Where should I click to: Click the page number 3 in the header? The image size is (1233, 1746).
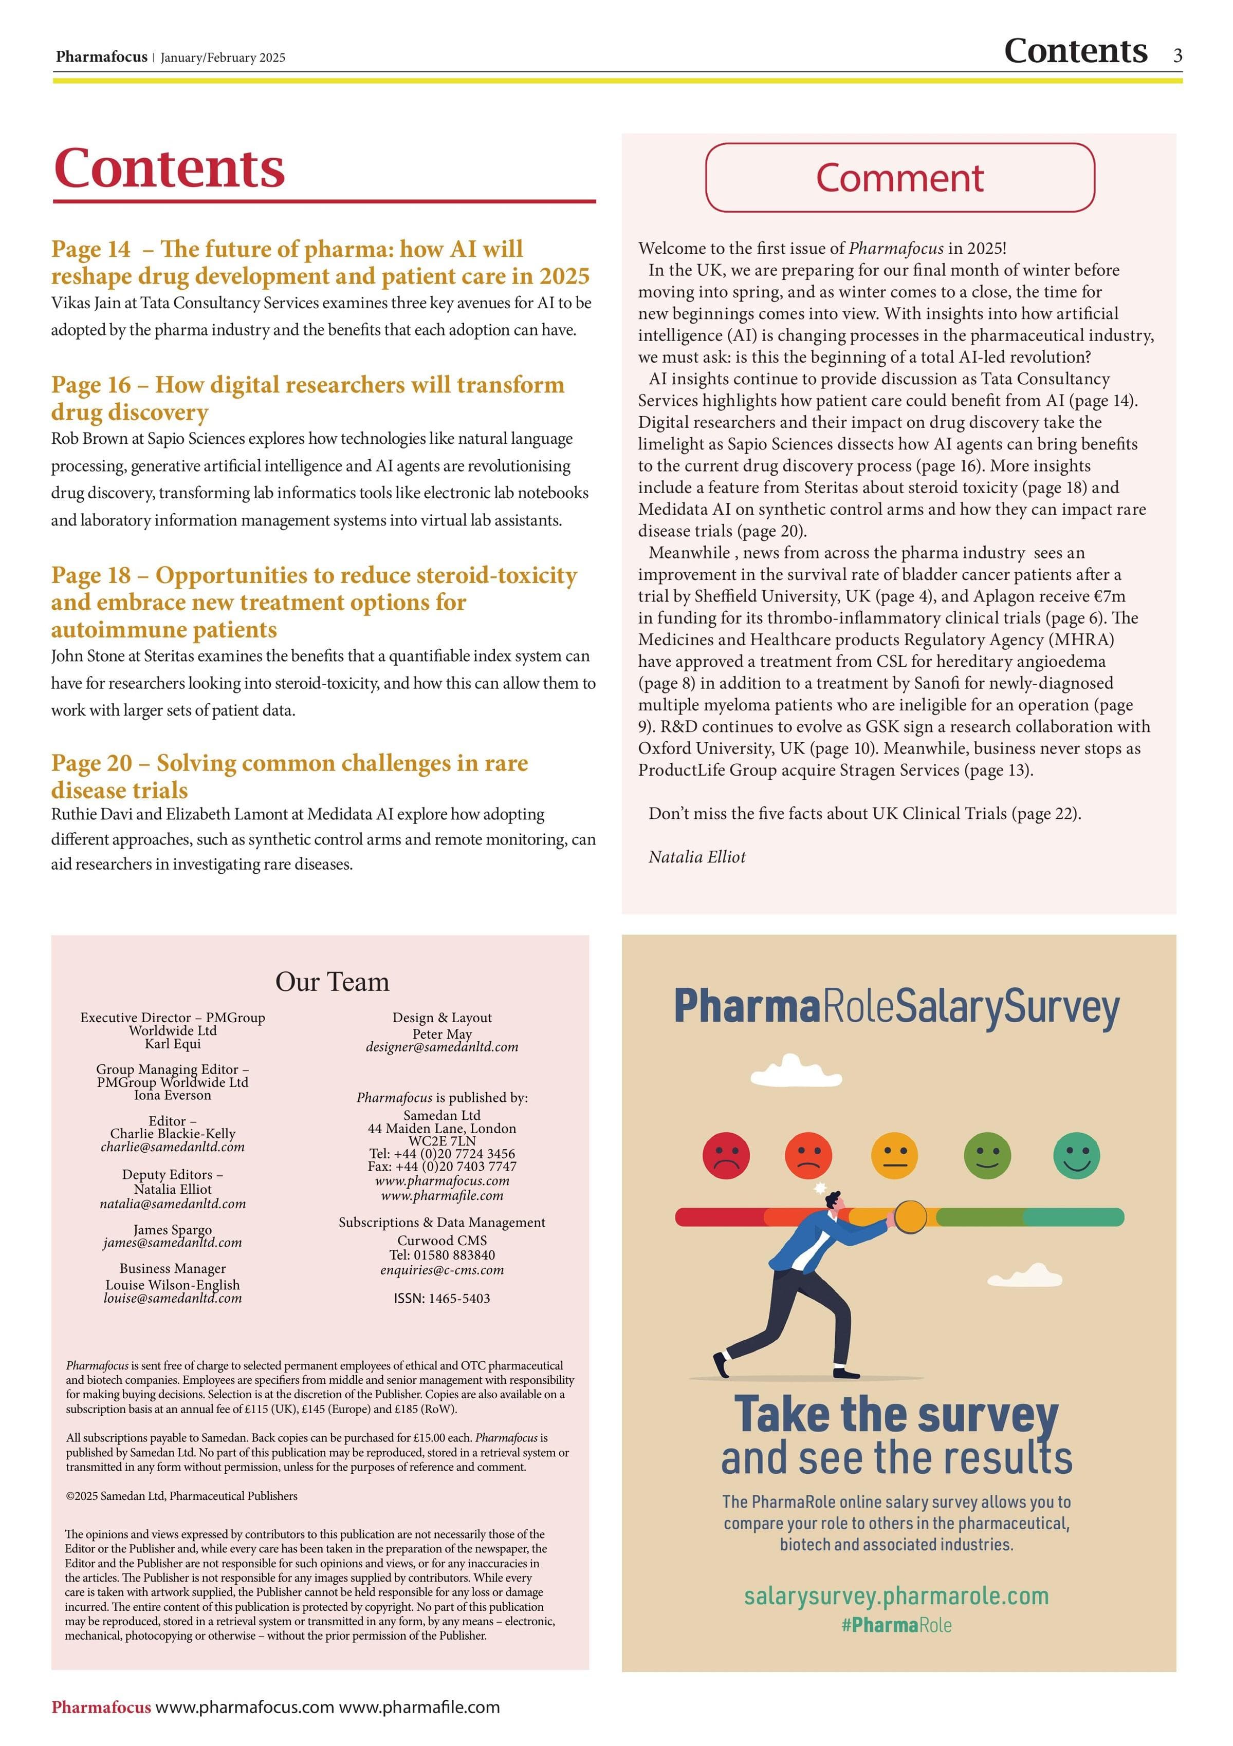tap(1177, 55)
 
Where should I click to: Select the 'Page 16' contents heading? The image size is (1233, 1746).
tap(307, 398)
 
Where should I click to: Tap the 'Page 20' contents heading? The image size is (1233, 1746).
tap(289, 776)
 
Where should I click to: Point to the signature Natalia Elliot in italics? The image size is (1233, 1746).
tap(697, 857)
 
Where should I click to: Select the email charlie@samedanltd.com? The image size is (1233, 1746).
tap(173, 1147)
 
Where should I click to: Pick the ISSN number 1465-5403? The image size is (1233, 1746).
tap(442, 1298)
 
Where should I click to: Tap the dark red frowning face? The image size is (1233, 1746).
tap(726, 1155)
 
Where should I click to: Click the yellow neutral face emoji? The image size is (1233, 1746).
tap(894, 1155)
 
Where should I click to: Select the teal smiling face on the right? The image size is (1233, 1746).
tap(1076, 1155)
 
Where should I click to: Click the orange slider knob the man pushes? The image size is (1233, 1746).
tap(909, 1217)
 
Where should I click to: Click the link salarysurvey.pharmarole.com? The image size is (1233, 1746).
tap(896, 1595)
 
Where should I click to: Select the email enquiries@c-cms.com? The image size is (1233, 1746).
tap(442, 1270)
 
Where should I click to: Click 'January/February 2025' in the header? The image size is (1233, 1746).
tap(223, 58)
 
